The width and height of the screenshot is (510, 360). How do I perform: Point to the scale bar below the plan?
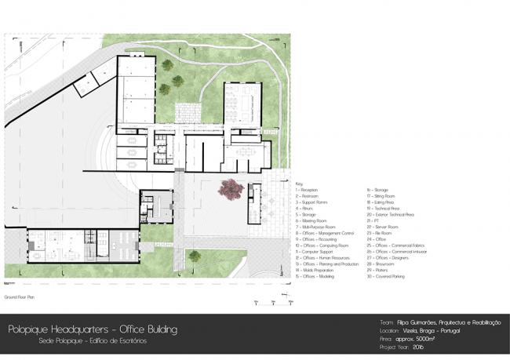(x=279, y=302)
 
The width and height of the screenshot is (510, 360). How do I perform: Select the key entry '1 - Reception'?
(x=308, y=190)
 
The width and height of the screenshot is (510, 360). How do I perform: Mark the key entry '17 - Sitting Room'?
(x=382, y=196)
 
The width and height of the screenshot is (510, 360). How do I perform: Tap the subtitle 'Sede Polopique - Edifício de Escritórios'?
(x=92, y=341)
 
